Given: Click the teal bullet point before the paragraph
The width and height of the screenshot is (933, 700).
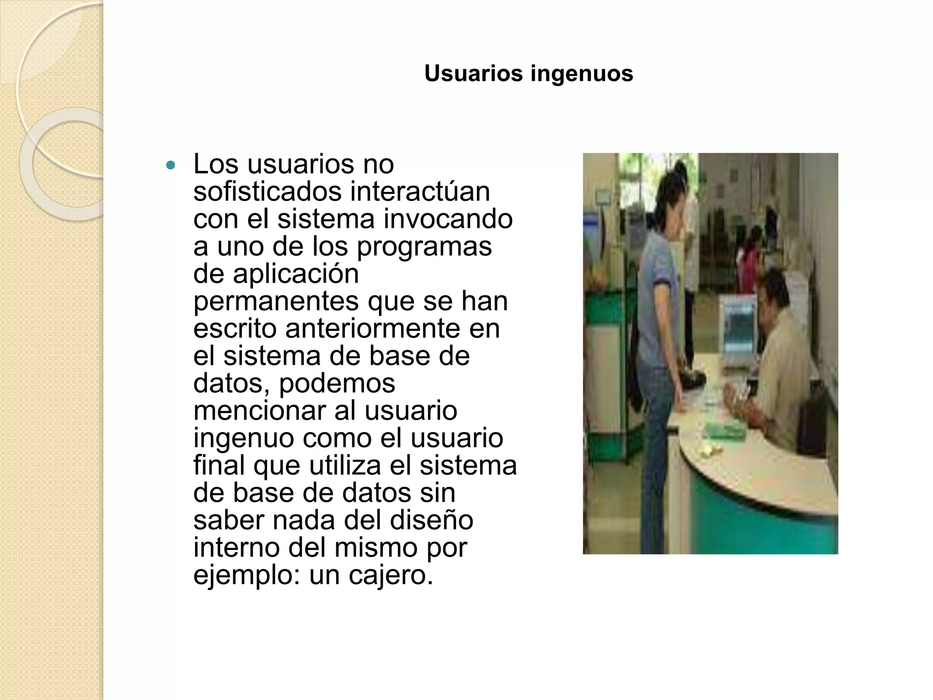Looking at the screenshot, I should coord(171,165).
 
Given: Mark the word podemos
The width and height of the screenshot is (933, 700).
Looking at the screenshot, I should coord(337,384).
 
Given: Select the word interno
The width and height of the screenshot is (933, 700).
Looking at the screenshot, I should coord(236,547).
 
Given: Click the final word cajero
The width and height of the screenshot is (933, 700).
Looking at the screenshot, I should coord(391,575).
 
